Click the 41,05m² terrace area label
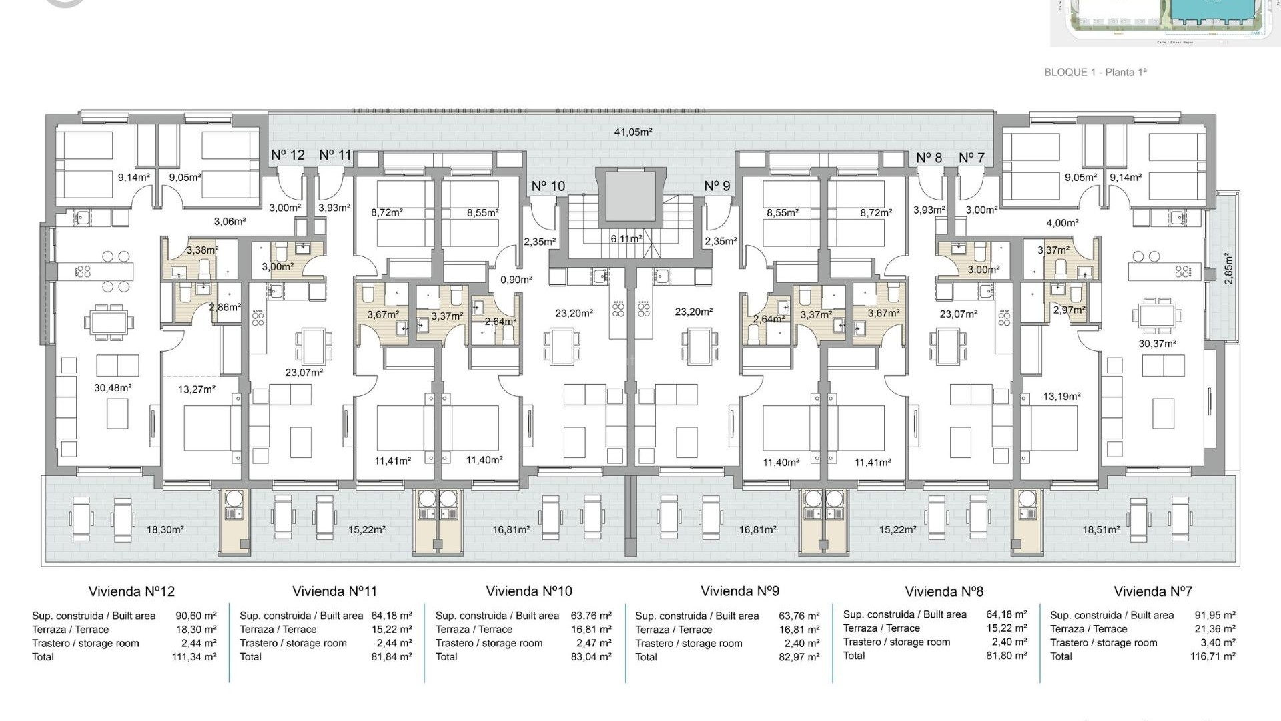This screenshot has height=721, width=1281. pos(632,132)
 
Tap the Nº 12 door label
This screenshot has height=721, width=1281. pos(288,155)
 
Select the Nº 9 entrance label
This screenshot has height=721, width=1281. pos(717,186)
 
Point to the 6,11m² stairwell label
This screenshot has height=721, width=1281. pos(626,239)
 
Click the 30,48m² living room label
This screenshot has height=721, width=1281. pos(113,388)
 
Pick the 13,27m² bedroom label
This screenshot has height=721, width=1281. pos(197,389)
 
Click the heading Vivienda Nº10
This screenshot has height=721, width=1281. pos(528,591)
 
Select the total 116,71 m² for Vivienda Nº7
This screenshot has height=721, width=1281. pos(1212,656)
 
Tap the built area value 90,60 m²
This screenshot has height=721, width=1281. pos(196,616)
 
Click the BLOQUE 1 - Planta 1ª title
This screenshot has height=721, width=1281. pos(1095,72)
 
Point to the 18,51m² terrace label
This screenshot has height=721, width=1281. pos(1101,530)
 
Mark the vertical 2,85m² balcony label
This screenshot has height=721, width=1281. pos(1228,268)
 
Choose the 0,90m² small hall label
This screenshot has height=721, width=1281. pos(516,280)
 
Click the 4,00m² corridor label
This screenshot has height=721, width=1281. pos(1062,223)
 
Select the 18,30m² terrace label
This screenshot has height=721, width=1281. pos(165,530)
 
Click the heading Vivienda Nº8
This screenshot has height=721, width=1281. pos(943,591)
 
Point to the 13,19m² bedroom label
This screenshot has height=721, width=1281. pos(1061,397)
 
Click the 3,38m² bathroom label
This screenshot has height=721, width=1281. pos(202,250)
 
